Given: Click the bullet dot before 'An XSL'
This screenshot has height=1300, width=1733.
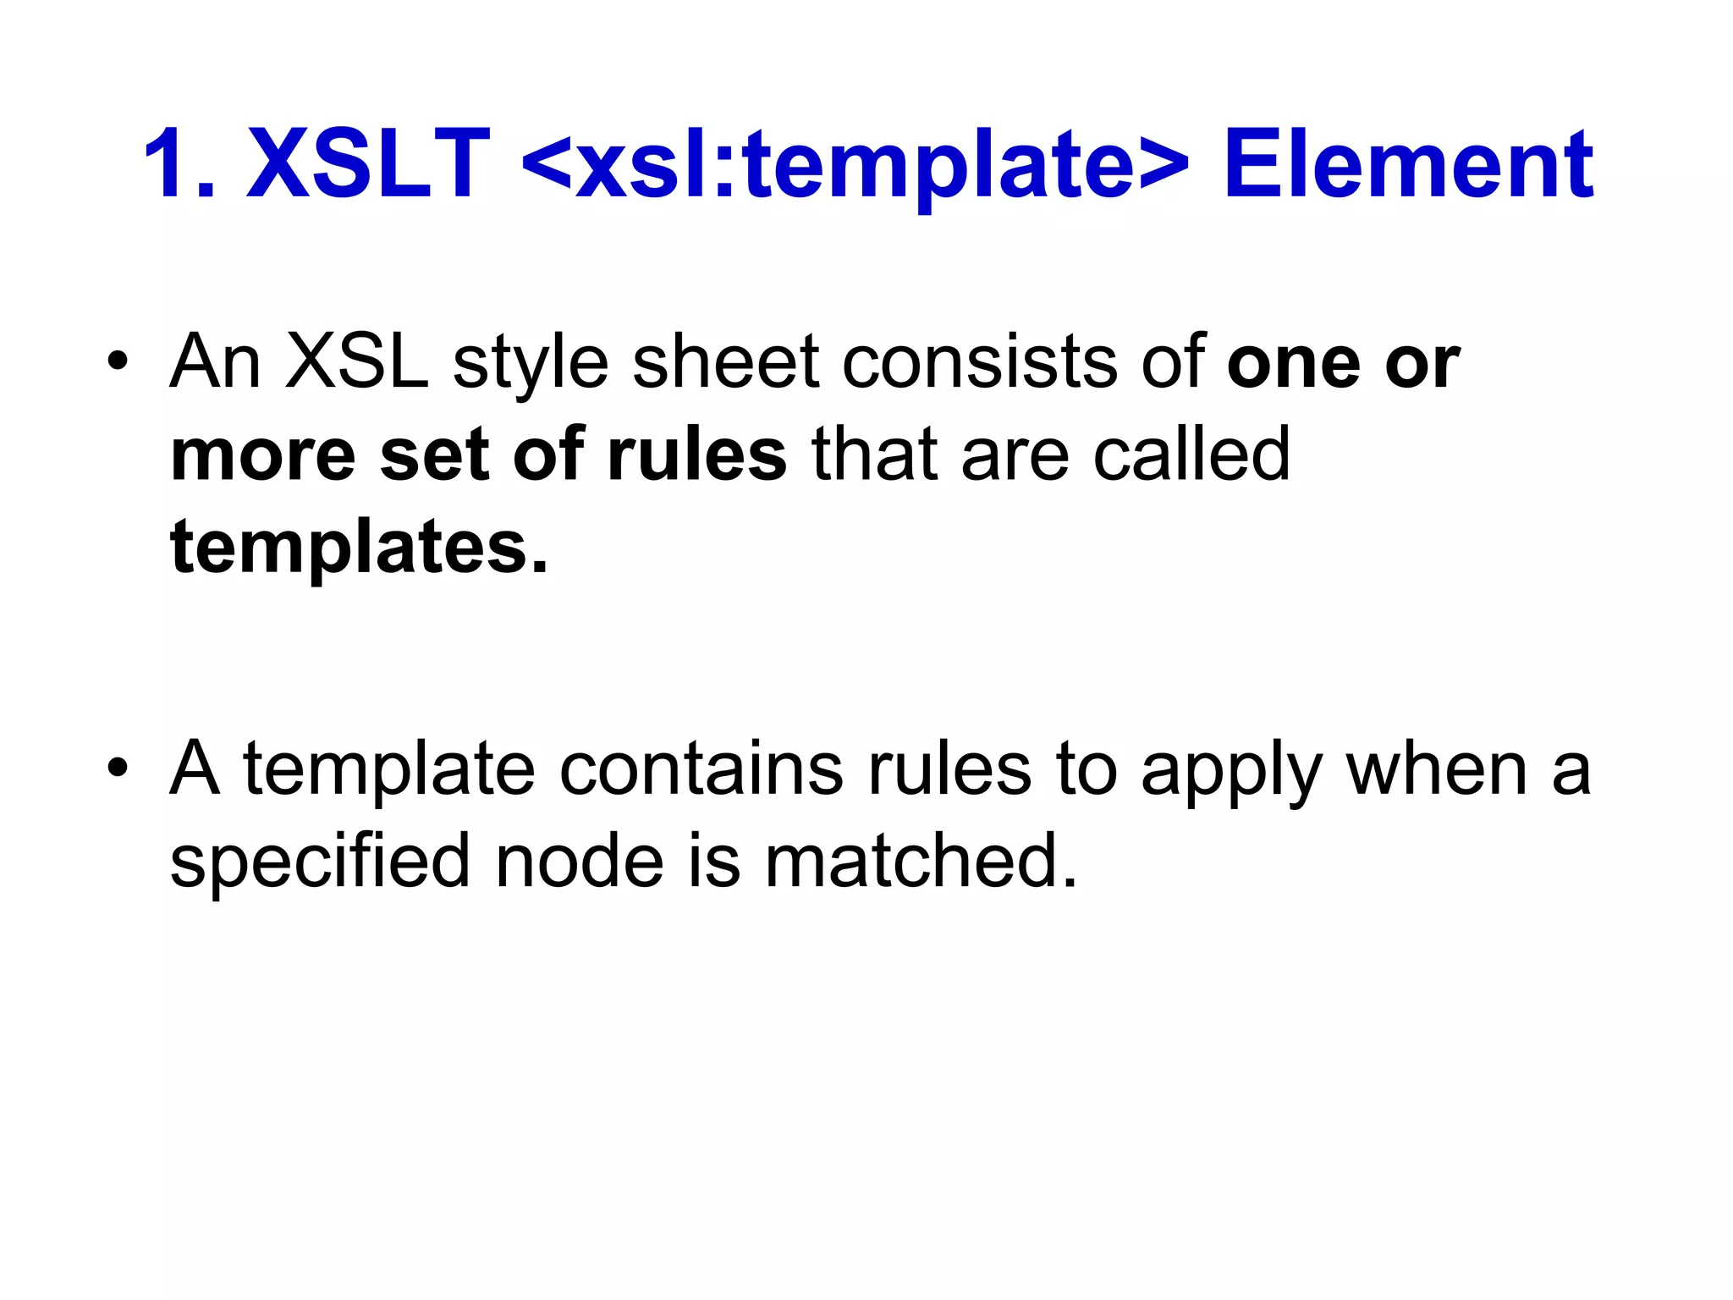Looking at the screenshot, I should click(x=118, y=364).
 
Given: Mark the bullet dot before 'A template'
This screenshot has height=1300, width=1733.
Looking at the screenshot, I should click(x=118, y=769).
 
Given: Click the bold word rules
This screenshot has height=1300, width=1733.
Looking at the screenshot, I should click(x=697, y=455).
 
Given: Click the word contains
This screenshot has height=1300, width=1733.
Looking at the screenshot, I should click(x=701, y=769).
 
